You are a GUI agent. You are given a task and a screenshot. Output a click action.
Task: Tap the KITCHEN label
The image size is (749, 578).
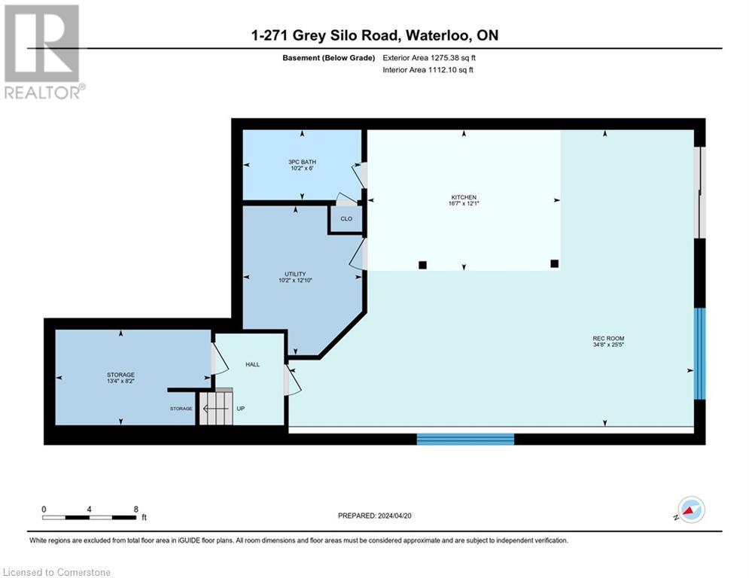(x=464, y=198)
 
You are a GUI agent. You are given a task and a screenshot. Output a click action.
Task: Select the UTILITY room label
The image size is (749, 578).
(x=295, y=274)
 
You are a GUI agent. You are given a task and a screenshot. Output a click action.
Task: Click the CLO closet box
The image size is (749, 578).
(x=346, y=219)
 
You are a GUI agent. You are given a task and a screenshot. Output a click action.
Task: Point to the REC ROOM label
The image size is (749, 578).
(x=609, y=339)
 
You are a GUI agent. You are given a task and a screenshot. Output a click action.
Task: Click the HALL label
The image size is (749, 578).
(x=252, y=364)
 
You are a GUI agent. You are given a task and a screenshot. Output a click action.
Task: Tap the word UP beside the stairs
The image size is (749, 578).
(x=241, y=409)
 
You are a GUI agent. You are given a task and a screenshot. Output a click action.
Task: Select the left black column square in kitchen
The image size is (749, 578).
(x=422, y=265)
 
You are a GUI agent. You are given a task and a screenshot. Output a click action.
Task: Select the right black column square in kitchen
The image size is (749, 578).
(x=554, y=263)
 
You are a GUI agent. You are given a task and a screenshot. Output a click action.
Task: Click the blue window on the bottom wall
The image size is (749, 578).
(x=465, y=439)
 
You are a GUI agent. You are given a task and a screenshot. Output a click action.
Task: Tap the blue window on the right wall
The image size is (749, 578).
(x=700, y=353)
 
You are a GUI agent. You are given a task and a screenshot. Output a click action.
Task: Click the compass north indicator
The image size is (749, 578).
(x=690, y=510)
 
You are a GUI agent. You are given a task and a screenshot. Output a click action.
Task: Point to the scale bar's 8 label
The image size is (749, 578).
(x=135, y=510)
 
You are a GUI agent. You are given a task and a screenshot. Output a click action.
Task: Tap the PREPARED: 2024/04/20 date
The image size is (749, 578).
(x=377, y=516)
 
